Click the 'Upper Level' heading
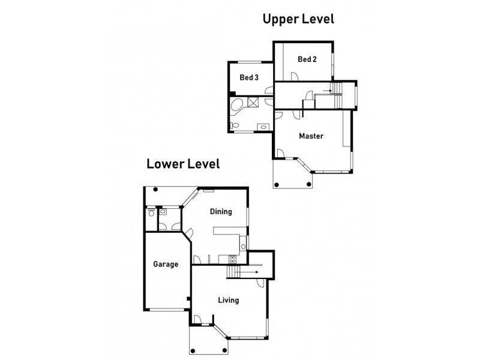(298, 19)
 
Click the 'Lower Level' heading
(182, 163)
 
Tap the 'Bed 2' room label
(307, 59)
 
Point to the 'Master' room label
(311, 136)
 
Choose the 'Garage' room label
(165, 264)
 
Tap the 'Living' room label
(229, 300)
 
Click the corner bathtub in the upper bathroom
(237, 107)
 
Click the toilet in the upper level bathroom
(234, 126)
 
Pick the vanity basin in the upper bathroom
(263, 127)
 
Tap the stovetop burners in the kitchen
(230, 259)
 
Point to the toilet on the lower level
(151, 212)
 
